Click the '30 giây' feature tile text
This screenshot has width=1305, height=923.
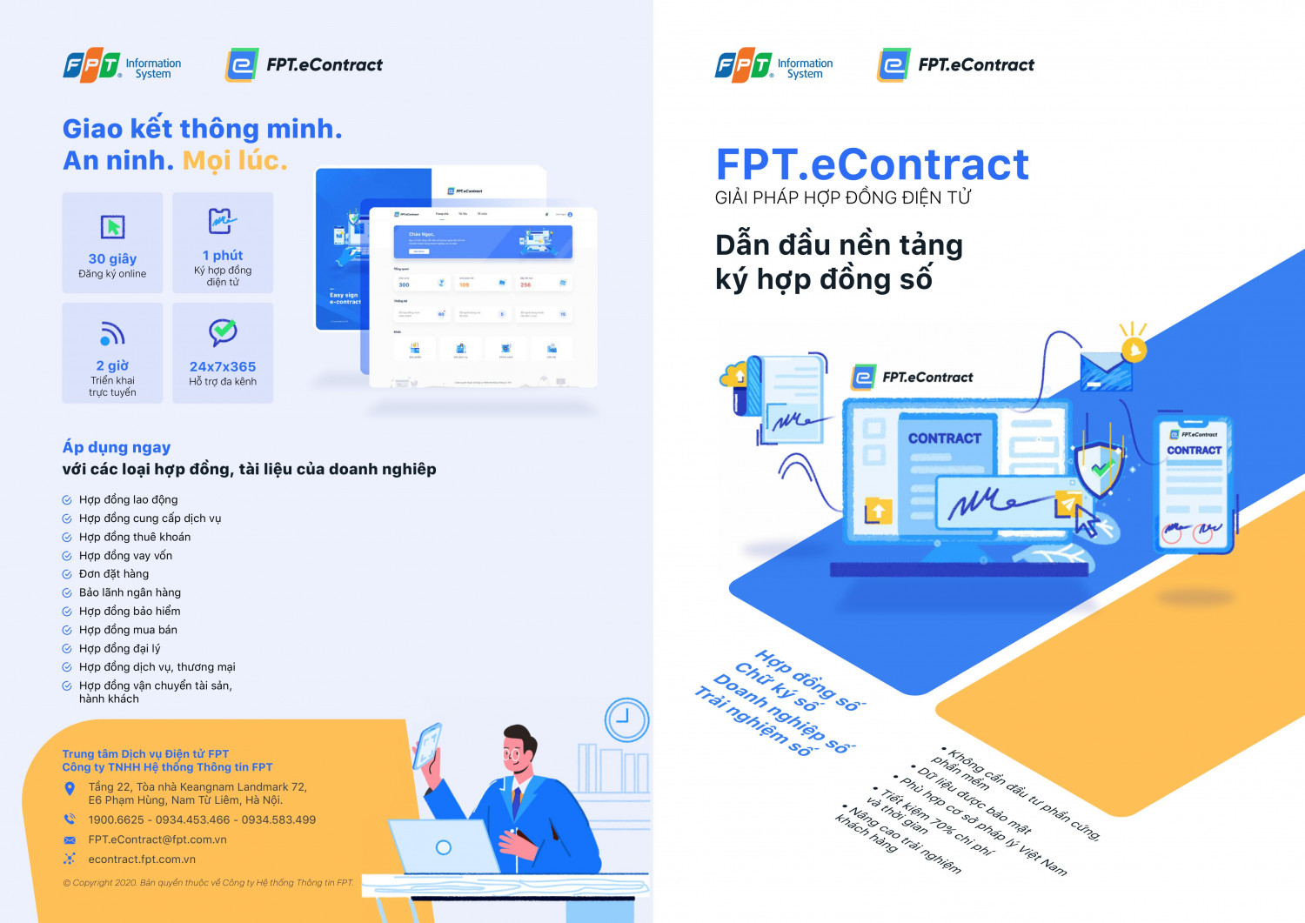112,258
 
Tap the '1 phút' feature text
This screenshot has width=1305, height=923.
223,255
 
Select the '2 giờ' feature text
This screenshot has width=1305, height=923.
112,365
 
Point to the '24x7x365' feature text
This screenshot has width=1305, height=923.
223,366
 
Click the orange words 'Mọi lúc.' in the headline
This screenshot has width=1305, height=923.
234,160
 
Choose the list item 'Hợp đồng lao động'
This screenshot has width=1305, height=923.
128,499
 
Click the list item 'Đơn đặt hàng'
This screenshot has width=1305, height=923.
114,574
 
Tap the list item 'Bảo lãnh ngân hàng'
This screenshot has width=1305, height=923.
130,592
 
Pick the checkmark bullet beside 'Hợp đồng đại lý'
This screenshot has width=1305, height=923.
67,649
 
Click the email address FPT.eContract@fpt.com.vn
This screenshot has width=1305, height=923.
157,839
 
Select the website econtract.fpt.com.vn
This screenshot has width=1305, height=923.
142,859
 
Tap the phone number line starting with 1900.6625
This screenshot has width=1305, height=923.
202,819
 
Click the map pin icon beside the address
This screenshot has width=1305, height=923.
70,789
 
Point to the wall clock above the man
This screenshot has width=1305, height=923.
626,719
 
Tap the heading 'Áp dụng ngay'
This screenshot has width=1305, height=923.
117,447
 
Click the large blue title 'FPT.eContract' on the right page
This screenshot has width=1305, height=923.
872,164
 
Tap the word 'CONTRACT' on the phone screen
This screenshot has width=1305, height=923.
1194,450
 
